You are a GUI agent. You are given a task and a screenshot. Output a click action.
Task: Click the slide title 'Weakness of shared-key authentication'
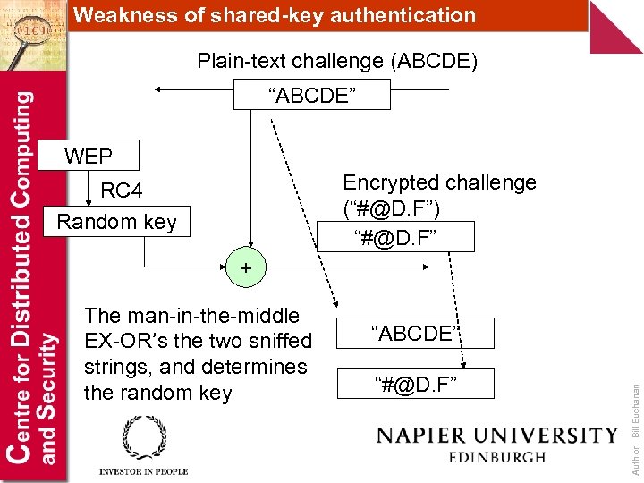(274, 15)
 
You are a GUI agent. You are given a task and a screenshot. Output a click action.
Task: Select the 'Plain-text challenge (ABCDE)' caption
(337, 62)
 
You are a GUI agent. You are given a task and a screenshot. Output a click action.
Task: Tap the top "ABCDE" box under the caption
(311, 94)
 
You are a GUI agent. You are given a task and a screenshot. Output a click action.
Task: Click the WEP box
(89, 157)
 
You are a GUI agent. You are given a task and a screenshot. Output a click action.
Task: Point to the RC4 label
(122, 191)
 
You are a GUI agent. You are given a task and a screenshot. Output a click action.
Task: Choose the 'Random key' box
(116, 221)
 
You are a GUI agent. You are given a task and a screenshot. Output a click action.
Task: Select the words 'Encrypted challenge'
(439, 182)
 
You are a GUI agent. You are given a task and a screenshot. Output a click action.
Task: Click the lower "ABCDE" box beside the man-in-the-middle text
(415, 334)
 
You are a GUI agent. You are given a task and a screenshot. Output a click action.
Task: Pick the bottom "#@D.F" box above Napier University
(415, 383)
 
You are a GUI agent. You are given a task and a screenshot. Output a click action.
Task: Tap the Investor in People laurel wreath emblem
(144, 438)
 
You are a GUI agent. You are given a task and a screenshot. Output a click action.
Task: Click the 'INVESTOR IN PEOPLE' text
(144, 471)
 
